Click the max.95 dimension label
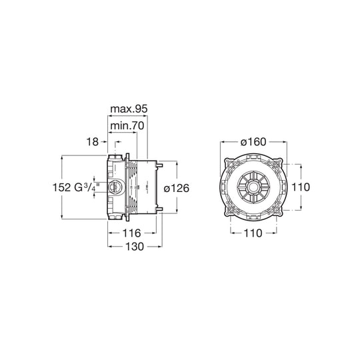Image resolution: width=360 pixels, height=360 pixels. pyautogui.click(x=129, y=107)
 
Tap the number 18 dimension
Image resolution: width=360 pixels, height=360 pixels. pyautogui.click(x=93, y=141)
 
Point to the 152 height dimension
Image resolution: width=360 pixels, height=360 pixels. pyautogui.click(x=62, y=189)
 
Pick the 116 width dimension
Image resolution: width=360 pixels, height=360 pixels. pyautogui.click(x=134, y=233)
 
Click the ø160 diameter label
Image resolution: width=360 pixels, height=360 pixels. pyautogui.click(x=255, y=141)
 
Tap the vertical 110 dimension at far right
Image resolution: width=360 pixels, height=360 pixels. pyautogui.click(x=302, y=189)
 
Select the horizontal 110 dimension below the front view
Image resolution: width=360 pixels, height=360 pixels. pyautogui.click(x=255, y=233)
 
